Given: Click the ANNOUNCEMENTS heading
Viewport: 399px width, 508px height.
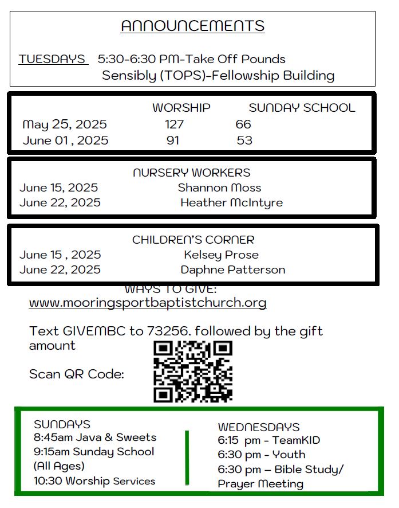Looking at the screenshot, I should [x=192, y=26].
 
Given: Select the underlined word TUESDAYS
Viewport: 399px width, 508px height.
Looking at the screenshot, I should [x=52, y=59].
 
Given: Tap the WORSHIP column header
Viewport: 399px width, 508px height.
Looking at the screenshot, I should [x=181, y=108].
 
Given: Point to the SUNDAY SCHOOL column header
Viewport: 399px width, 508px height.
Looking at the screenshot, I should [x=302, y=108].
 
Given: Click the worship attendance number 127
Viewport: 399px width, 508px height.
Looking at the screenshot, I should [x=174, y=124].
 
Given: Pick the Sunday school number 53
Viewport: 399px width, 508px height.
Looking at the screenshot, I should [x=244, y=140].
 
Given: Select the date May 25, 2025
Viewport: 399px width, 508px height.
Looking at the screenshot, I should [x=65, y=124].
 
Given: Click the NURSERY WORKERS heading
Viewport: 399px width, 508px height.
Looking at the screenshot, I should [x=192, y=173].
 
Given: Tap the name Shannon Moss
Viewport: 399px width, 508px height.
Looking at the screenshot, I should [x=219, y=187].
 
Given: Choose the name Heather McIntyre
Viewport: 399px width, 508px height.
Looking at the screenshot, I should [x=231, y=202].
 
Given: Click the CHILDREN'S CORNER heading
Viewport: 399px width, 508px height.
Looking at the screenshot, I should [x=193, y=240].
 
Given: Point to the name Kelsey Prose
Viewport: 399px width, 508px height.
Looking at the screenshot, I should [x=221, y=255].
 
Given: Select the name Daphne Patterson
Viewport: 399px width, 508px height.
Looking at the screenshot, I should [x=232, y=269].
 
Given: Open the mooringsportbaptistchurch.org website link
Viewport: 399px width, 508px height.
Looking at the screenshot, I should [x=148, y=303].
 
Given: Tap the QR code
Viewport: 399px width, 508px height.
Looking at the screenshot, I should [x=193, y=371].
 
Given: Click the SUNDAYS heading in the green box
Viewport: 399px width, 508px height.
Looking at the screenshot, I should [x=62, y=424].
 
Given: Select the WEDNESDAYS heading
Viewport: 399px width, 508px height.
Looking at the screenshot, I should [x=259, y=427].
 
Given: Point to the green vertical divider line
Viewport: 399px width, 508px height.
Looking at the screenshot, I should [x=187, y=457].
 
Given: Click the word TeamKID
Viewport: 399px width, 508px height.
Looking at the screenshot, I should [x=296, y=440].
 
